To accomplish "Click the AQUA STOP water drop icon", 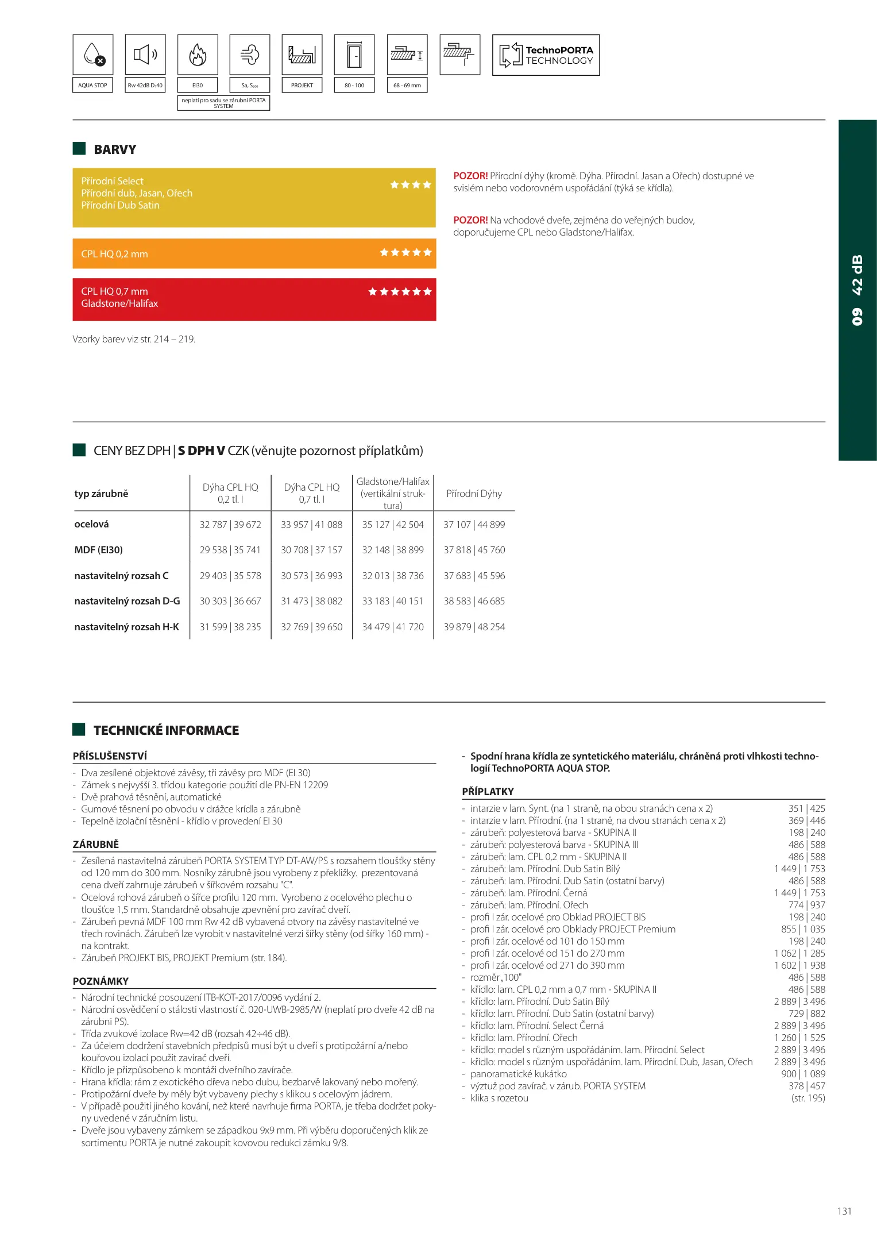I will coord(94,55).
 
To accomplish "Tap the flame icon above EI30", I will coord(198,55).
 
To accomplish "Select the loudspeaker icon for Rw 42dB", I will coord(145,55).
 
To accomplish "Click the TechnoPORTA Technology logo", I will coord(546,55).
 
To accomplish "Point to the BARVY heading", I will coord(115,149).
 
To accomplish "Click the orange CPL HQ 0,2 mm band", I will coord(254,253).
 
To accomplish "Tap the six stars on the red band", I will coord(400,292).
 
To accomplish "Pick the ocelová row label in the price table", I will coord(92,524).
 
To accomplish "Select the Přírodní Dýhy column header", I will coord(474,494).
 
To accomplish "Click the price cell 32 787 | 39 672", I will coord(230,525).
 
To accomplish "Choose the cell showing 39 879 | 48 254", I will coord(474,627).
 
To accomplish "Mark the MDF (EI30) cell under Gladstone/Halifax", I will coord(393,550).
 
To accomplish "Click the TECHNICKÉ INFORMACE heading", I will coord(166,730).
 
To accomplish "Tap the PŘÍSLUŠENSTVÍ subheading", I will coord(110,756).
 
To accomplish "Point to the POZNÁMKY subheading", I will coord(101,981).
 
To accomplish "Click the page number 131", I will coord(844,1211).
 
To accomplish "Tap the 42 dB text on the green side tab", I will coord(857,275).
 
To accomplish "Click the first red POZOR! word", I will coord(470,176).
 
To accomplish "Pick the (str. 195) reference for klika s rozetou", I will coord(808,1098).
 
